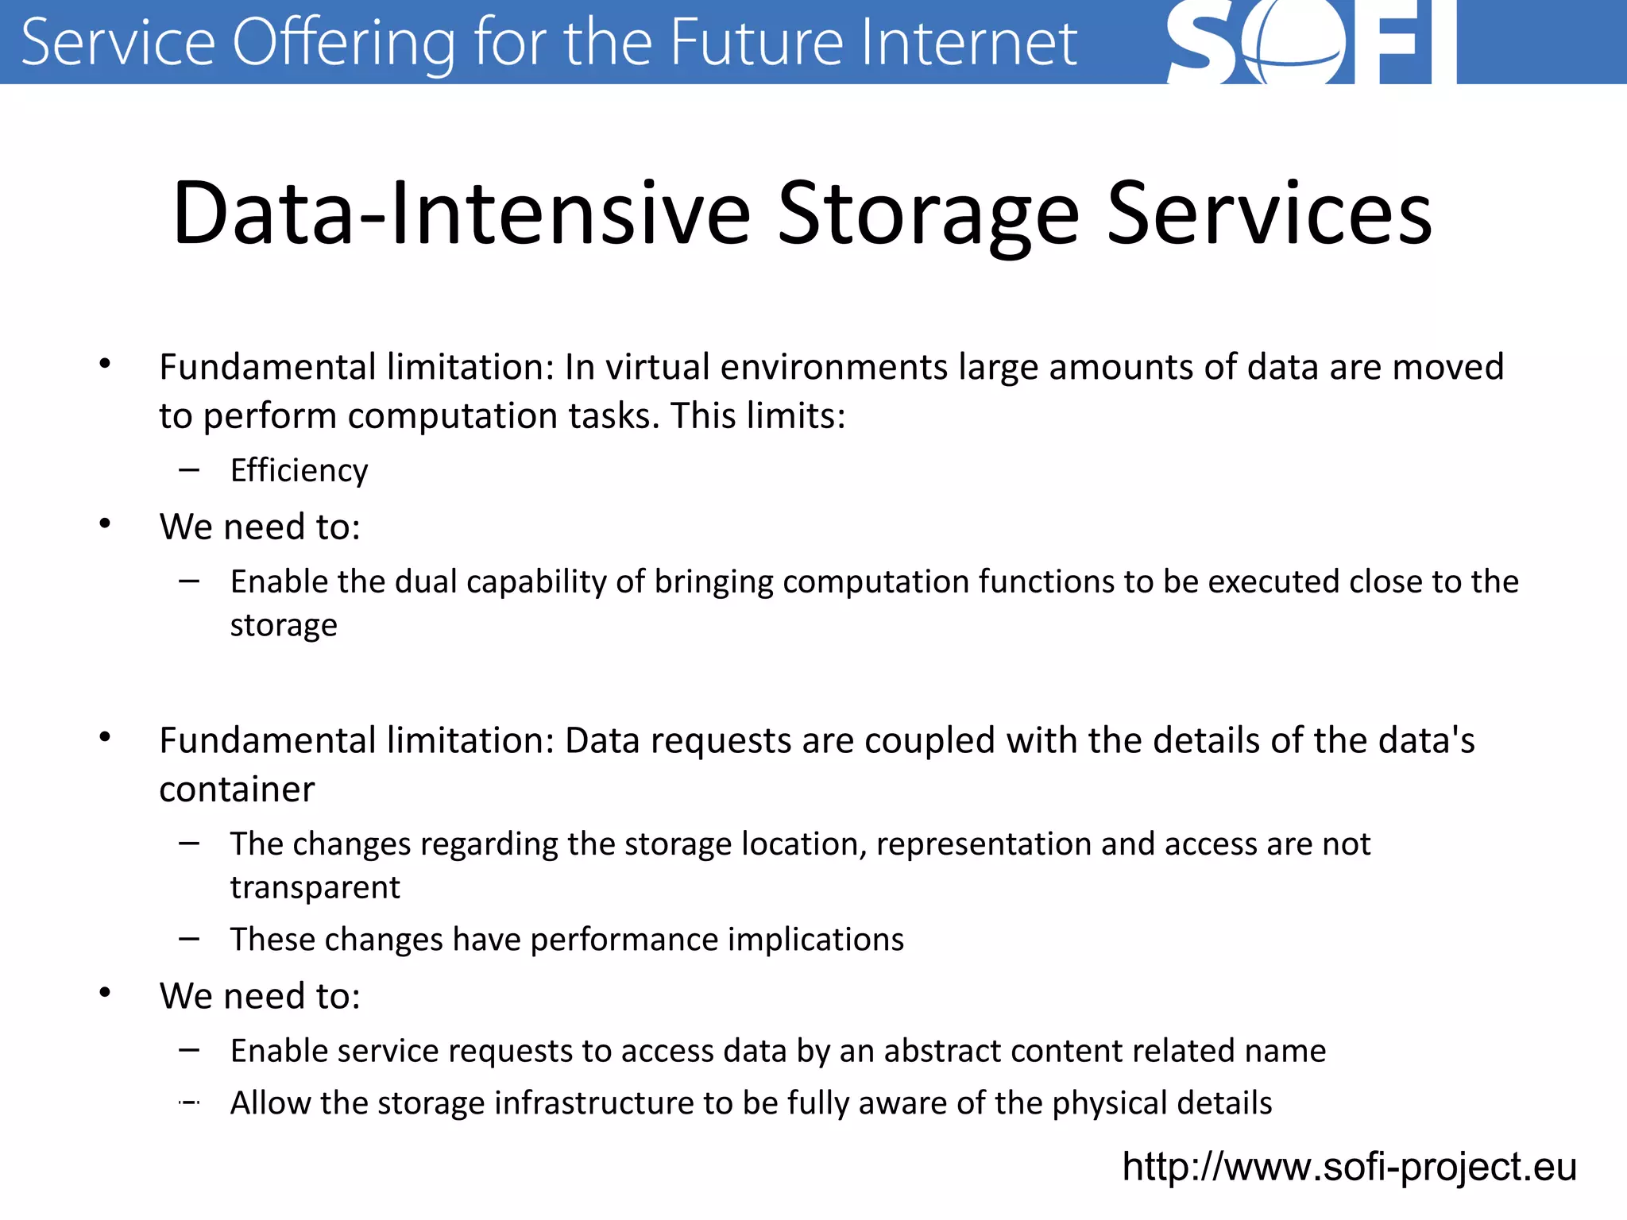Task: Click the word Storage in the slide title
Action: coord(928,213)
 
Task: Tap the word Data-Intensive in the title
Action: coord(461,213)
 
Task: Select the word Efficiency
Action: coord(300,470)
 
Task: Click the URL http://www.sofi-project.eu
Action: coord(1349,1167)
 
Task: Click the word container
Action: coord(237,790)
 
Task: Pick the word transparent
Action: coord(315,887)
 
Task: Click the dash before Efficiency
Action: coord(189,470)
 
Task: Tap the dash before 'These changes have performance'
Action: coord(189,939)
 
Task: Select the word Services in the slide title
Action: coord(1270,213)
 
